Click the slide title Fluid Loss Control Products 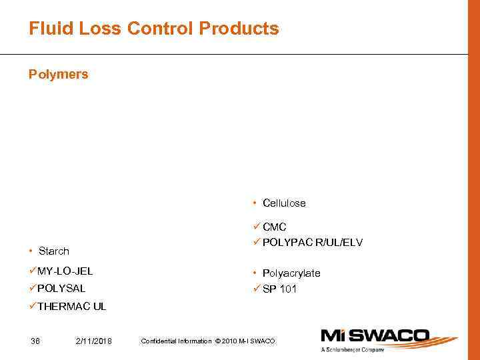(153, 29)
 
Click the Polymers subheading (58, 74)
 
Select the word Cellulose (284, 203)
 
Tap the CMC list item (274, 227)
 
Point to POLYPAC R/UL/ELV (312, 243)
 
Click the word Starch (53, 251)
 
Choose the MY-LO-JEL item (65, 271)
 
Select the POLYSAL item (61, 289)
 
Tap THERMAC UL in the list (71, 307)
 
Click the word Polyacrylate (291, 273)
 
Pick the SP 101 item (279, 289)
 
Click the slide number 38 (35, 341)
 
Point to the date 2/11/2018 (94, 341)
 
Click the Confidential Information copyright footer (207, 341)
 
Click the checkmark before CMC (257, 227)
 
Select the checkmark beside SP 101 (257, 289)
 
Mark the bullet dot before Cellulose (255, 203)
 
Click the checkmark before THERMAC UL (33, 306)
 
